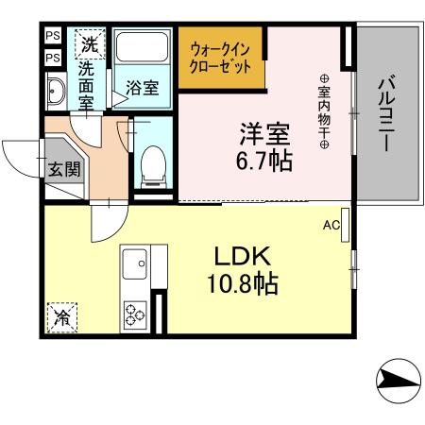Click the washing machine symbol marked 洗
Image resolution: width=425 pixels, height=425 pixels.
point(89,42)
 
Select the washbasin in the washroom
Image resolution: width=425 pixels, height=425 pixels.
point(54,92)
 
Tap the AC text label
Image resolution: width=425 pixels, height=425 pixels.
point(331,225)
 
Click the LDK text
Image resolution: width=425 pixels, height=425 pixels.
point(246,256)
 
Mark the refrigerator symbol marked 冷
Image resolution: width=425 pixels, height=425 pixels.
point(59,316)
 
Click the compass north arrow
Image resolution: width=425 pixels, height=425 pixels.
point(397,382)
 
